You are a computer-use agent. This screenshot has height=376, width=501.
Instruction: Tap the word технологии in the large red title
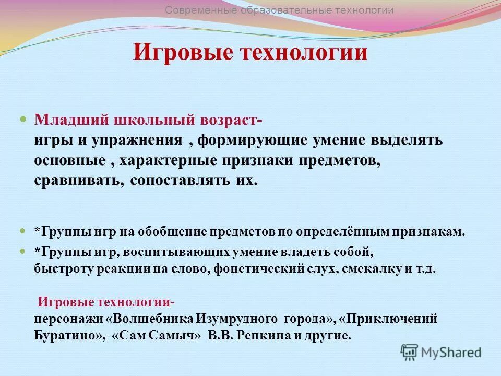coord(303,53)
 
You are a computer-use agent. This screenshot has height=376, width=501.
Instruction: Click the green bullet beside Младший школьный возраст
coord(22,120)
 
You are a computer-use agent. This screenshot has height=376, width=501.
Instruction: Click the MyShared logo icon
coord(410,351)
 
